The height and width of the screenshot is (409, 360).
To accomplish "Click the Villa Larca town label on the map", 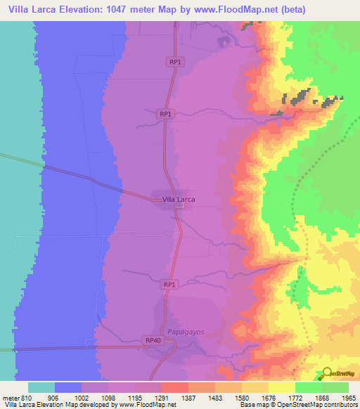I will point(179,200).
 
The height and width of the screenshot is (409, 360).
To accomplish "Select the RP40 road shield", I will point(153,341).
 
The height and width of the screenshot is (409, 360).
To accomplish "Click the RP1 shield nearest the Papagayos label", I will point(169,285).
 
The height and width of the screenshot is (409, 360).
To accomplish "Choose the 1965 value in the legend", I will point(348,397).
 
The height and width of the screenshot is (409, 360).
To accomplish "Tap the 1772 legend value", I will point(295,397).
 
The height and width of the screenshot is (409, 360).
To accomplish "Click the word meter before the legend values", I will point(9,397).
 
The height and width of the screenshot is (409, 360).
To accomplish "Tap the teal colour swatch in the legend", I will point(41,387).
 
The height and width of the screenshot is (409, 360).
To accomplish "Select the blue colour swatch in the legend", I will point(68,387).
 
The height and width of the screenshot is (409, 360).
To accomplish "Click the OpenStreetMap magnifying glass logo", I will point(327,373).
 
